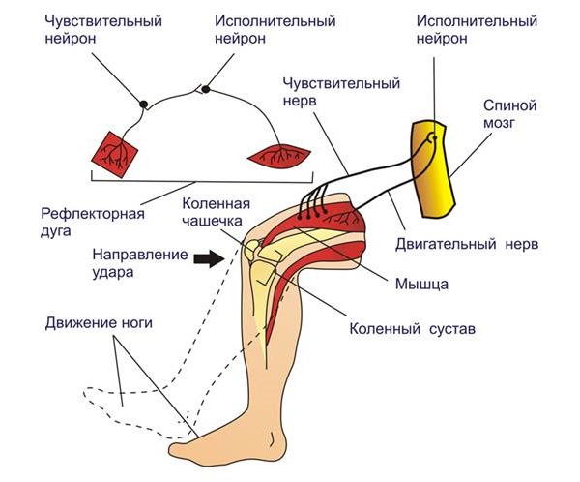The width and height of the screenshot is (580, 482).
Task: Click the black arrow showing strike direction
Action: pos(206,258)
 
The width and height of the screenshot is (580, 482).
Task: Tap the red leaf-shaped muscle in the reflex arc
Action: pos(279,153)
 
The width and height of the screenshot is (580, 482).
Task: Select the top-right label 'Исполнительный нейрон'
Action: pos(459,29)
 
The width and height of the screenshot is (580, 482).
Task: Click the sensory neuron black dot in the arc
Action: pos(144,104)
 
